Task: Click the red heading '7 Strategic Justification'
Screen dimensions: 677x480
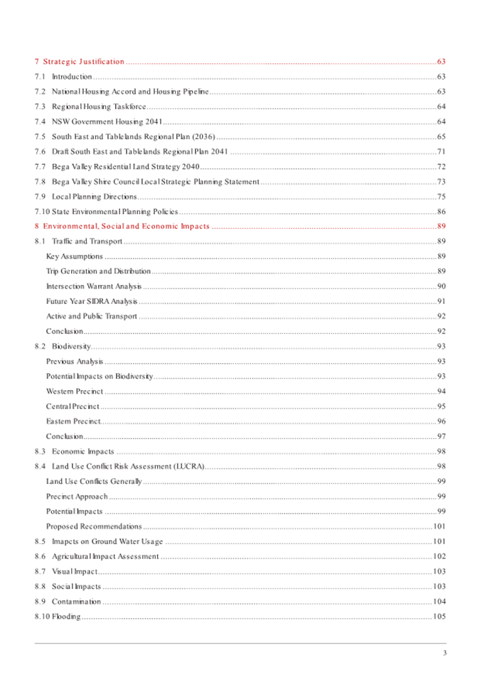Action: coord(80,62)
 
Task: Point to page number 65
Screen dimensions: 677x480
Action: coord(441,136)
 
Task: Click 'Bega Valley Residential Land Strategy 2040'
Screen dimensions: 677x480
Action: coord(126,166)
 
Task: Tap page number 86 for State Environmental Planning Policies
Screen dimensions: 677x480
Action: coord(441,212)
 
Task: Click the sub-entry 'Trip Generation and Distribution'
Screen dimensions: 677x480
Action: coord(98,271)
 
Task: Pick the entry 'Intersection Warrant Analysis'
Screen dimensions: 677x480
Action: coord(94,286)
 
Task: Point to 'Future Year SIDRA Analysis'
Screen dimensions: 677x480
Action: coord(92,301)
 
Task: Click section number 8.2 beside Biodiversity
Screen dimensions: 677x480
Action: coord(40,346)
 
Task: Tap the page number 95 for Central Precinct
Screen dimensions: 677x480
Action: coord(441,406)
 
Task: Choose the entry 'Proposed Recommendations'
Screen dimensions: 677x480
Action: coord(93,526)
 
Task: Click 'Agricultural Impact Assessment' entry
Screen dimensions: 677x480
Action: coord(105,556)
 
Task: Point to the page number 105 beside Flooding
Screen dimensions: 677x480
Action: coord(439,617)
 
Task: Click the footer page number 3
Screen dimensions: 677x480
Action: coord(444,654)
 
